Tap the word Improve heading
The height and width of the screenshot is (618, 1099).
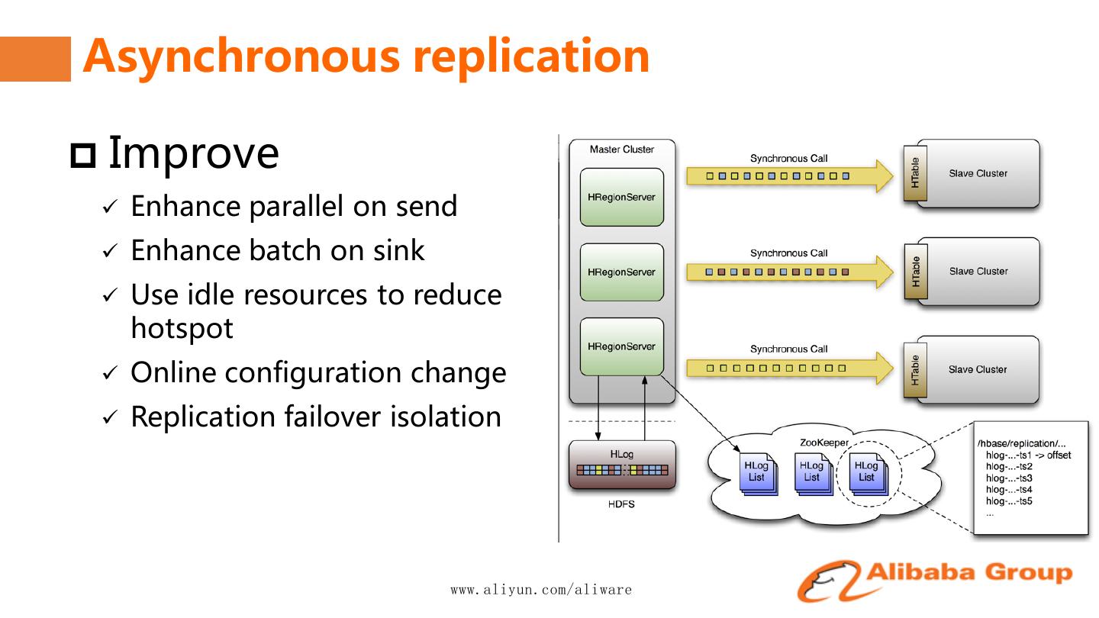193,152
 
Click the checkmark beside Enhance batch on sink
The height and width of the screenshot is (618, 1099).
111,251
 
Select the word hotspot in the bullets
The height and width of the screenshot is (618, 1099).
182,328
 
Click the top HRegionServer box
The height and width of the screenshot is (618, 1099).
621,197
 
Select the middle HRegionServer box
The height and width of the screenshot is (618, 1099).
621,272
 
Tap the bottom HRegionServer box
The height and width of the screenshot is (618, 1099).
621,346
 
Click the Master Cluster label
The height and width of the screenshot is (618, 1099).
621,150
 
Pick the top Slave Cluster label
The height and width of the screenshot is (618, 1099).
978,173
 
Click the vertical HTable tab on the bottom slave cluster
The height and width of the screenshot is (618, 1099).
914,369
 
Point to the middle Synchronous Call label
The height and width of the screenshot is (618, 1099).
788,253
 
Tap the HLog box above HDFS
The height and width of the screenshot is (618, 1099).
621,464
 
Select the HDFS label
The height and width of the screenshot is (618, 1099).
621,504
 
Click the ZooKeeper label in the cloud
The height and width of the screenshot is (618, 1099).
823,443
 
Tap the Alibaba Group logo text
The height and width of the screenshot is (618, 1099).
969,572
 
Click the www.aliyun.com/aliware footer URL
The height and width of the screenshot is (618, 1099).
541,590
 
